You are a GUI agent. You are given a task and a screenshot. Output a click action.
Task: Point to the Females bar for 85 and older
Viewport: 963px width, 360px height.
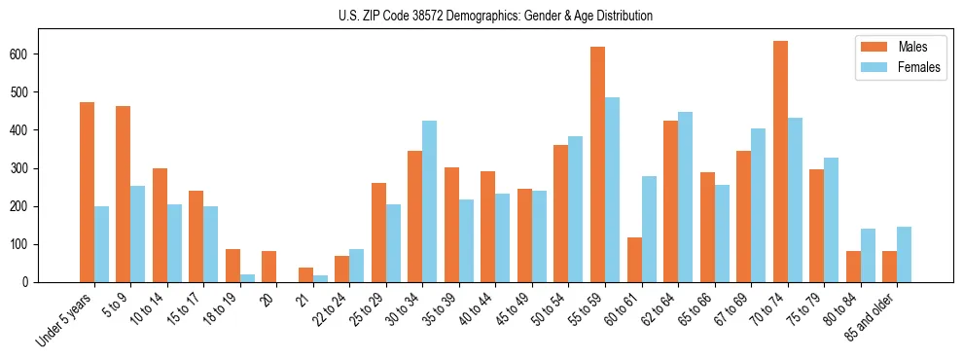(904, 254)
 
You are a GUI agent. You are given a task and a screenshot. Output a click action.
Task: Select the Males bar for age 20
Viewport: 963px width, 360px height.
(269, 267)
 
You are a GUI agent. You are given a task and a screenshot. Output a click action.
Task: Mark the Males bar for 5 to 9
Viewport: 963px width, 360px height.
(124, 194)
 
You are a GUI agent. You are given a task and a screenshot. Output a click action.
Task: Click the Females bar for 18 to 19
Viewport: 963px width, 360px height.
(247, 278)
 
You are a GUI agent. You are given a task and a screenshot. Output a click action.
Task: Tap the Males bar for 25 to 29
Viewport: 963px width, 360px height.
(378, 233)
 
